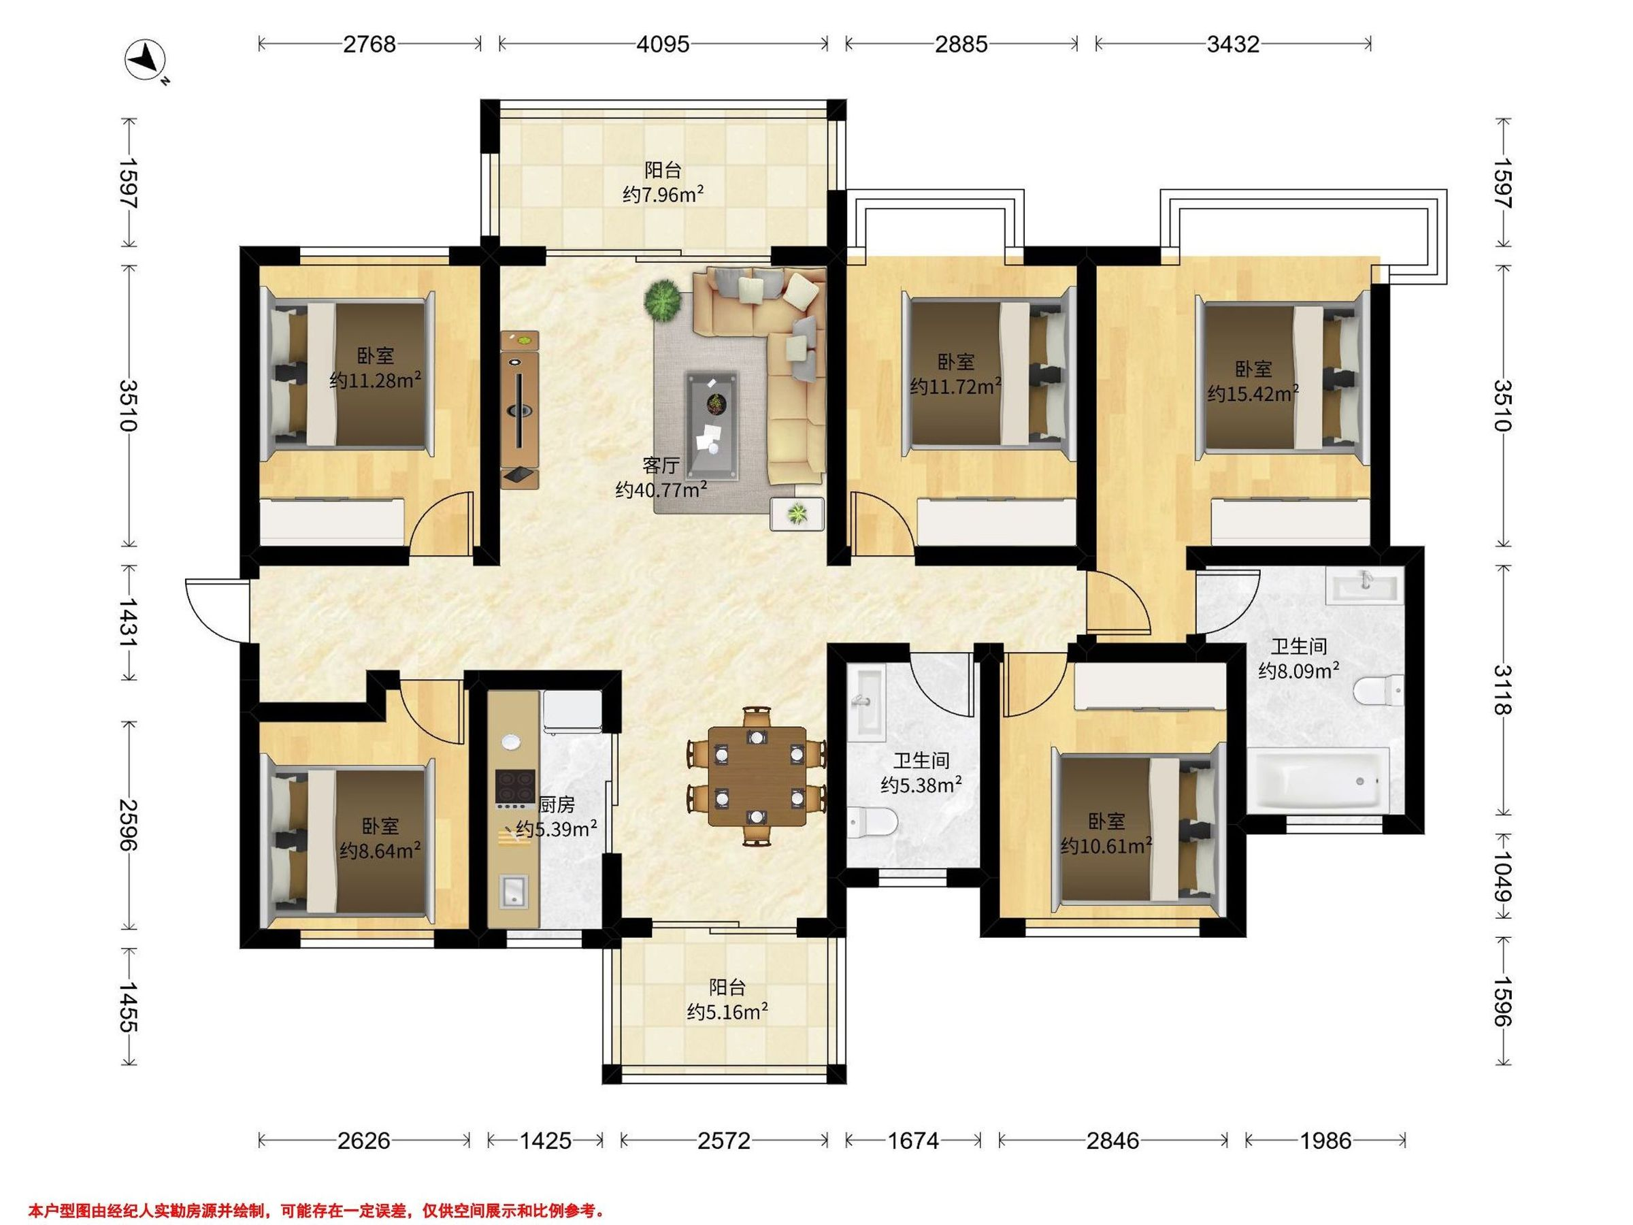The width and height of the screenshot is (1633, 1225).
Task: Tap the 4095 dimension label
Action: click(x=663, y=44)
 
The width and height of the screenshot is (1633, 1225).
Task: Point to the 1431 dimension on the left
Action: click(x=130, y=623)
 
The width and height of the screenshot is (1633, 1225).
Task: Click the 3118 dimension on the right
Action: click(x=1503, y=689)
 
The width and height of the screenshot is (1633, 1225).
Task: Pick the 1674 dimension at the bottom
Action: click(x=913, y=1141)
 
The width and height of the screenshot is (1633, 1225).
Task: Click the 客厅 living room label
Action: click(x=661, y=465)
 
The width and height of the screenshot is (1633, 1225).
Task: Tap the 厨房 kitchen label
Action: click(x=557, y=805)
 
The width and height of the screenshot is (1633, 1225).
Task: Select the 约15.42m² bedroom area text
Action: click(x=1253, y=393)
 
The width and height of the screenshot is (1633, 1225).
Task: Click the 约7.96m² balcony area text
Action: click(x=663, y=195)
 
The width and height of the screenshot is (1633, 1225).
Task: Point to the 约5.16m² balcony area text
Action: click(x=728, y=1011)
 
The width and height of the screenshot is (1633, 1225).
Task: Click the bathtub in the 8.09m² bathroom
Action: click(x=1318, y=781)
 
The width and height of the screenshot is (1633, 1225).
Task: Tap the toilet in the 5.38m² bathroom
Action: click(x=872, y=823)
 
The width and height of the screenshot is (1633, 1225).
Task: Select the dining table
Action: click(x=757, y=776)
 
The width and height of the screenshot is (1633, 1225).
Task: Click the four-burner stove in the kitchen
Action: click(x=515, y=785)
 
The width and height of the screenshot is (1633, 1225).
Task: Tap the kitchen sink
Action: click(x=513, y=892)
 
